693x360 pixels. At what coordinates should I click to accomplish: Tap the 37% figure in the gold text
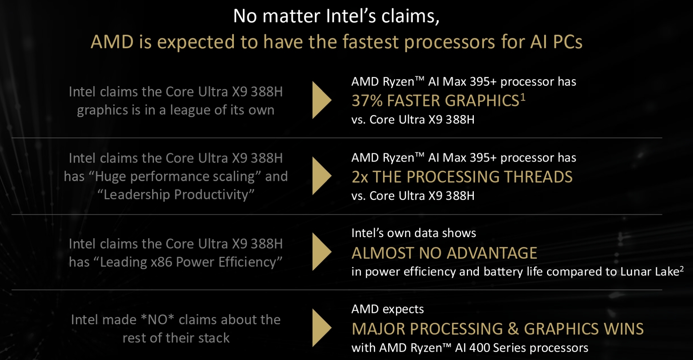(x=367, y=101)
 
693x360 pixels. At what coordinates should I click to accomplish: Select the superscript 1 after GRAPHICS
(x=523, y=97)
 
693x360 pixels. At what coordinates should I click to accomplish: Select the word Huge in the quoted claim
(x=111, y=177)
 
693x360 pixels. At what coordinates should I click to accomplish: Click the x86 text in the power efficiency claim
(x=162, y=262)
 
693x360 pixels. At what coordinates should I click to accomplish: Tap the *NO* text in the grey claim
(x=157, y=320)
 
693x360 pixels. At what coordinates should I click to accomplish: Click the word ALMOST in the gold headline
(x=383, y=253)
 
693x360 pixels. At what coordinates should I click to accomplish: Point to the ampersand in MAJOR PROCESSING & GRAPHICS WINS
(x=513, y=329)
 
